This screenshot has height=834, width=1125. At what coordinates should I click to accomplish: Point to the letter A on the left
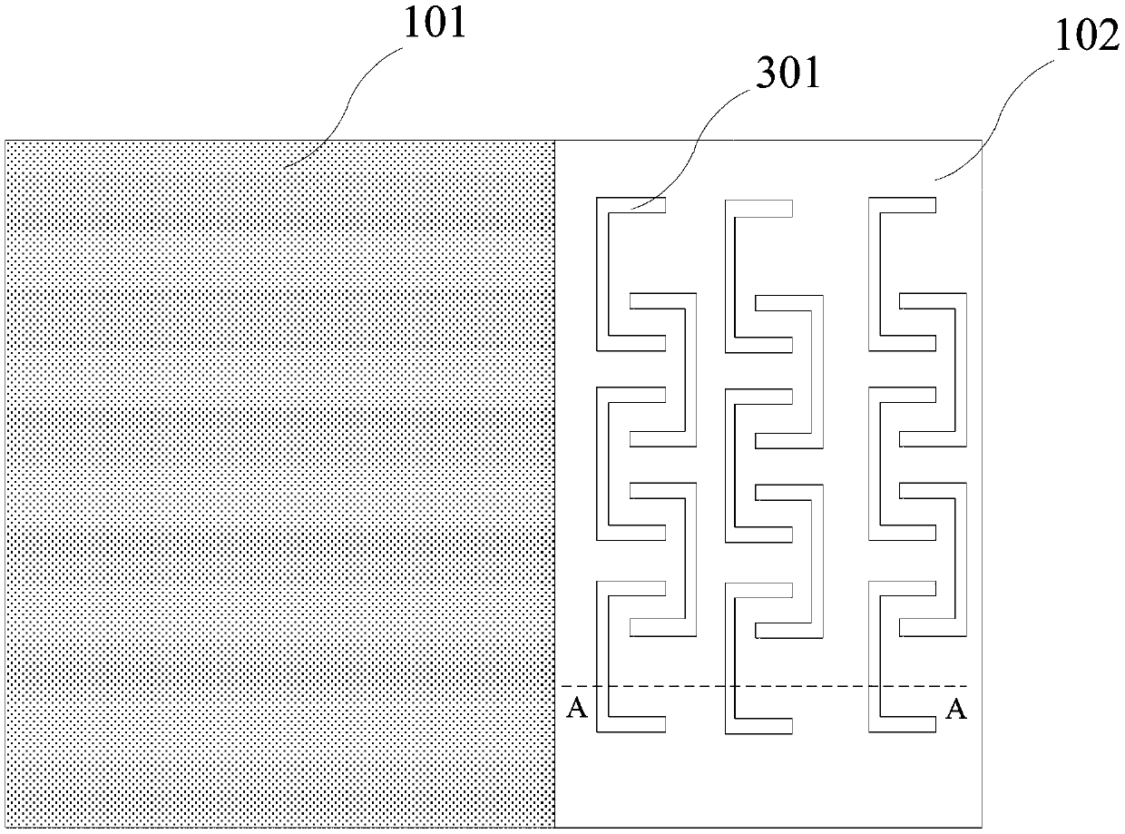pyautogui.click(x=575, y=709)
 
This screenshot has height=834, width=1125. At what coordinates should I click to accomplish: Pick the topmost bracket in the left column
pyautogui.click(x=602, y=272)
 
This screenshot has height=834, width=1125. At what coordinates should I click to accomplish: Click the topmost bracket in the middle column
pyautogui.click(x=730, y=272)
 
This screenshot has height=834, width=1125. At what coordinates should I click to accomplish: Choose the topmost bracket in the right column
pyautogui.click(x=875, y=272)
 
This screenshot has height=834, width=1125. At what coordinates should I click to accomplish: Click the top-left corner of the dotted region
pyautogui.click(x=6, y=141)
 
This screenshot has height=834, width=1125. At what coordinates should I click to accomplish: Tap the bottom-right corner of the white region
pyautogui.click(x=983, y=827)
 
